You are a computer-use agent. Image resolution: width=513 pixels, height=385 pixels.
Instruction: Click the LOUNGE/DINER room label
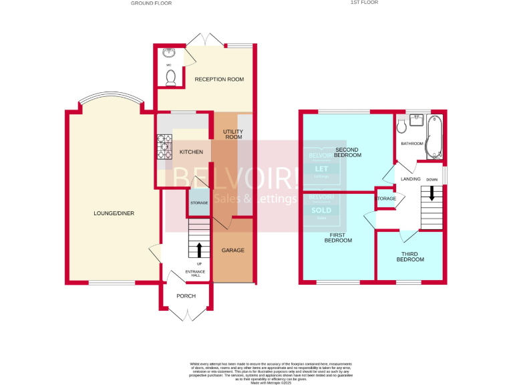tap(114, 213)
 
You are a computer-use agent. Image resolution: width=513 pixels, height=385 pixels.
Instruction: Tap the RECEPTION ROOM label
tap(219, 80)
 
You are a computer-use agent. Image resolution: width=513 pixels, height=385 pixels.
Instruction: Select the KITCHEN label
tap(191, 152)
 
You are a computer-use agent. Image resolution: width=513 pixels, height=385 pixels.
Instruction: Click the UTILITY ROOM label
tap(233, 134)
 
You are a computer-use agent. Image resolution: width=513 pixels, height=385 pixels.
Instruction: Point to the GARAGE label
tap(233, 250)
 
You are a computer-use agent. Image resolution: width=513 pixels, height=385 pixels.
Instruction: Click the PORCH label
tap(186, 296)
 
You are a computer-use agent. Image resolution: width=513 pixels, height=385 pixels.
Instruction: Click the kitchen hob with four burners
tap(164, 148)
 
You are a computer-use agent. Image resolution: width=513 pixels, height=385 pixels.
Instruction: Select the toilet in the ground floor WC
tap(170, 78)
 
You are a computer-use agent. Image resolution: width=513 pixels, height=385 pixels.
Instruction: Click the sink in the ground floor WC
tap(167, 53)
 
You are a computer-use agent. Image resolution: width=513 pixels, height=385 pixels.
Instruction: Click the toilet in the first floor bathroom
tap(401, 126)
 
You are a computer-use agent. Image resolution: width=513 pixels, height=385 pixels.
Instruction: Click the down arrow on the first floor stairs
tap(432, 193)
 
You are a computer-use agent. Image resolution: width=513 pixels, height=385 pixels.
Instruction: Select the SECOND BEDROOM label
tap(348, 152)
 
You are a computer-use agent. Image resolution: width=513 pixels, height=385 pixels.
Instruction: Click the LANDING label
tap(410, 179)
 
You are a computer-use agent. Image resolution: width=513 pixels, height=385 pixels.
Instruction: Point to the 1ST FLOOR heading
tap(364, 3)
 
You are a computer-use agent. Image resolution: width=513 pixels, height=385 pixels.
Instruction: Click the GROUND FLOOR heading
tap(152, 3)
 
